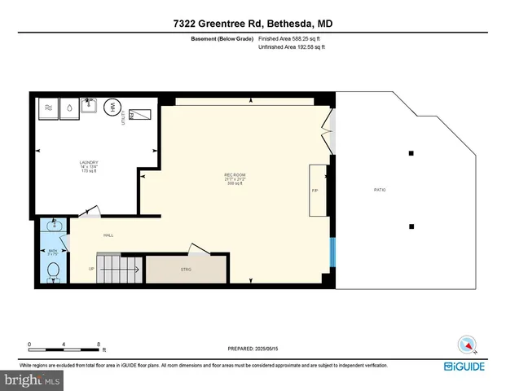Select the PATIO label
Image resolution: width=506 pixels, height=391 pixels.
[x=380, y=190]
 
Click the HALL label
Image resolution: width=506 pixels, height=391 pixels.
[x=108, y=235]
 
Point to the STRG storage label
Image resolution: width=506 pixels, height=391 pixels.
[x=185, y=269]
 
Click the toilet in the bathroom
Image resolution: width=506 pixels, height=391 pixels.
[x=53, y=270]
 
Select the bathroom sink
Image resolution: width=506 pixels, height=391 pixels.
[x=54, y=225]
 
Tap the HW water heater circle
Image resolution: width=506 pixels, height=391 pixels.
[x=113, y=107]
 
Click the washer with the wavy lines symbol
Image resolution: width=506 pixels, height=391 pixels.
[x=48, y=108]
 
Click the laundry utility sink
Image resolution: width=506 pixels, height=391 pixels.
[x=142, y=116]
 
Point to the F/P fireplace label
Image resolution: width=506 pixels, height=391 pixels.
[x=315, y=190]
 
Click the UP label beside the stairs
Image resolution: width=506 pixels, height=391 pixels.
[x=90, y=269]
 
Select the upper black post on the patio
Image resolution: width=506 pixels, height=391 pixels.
[x=411, y=153]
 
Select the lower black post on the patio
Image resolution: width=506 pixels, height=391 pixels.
[x=411, y=226]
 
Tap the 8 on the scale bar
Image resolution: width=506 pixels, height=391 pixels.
[x=99, y=343]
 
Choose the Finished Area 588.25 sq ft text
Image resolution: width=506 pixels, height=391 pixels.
[x=292, y=38]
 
